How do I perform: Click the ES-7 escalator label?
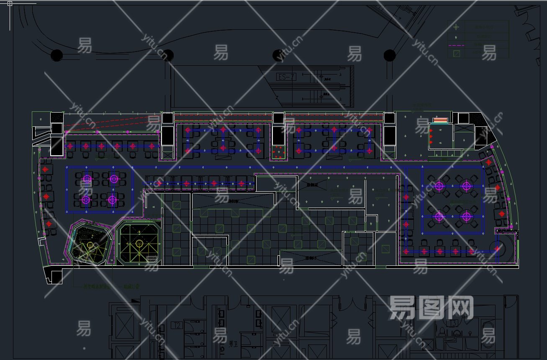(287, 77)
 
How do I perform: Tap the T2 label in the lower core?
(177, 325)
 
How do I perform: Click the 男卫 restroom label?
(233, 343)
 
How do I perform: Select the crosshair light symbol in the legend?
(456, 27)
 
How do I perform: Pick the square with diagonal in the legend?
(457, 54)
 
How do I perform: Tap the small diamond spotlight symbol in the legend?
(456, 36)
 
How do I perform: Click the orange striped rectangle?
(440, 121)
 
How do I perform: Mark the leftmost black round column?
(57, 55)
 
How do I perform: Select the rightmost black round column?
(390, 55)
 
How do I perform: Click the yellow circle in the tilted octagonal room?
(90, 244)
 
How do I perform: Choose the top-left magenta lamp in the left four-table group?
(87, 179)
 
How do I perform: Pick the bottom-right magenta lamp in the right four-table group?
(466, 216)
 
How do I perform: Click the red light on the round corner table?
(497, 249)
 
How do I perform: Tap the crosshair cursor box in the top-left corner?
(10, 3)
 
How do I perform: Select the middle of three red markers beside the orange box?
(431, 136)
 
